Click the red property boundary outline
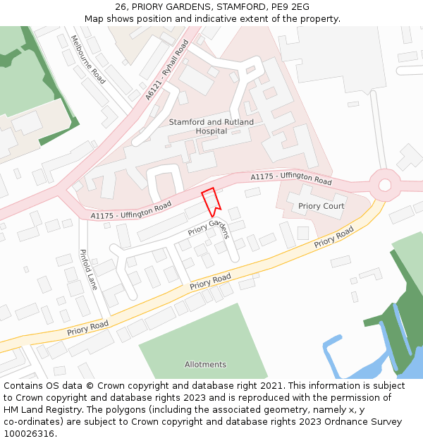coord(211,202)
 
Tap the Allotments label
coord(205,365)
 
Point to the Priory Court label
coord(321,206)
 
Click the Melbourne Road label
coord(88,59)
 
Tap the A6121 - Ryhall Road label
coord(167,69)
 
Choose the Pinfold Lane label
coord(88,270)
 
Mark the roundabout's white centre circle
coord(384,185)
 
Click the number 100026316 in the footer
coord(28,434)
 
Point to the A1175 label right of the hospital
coord(291,178)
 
